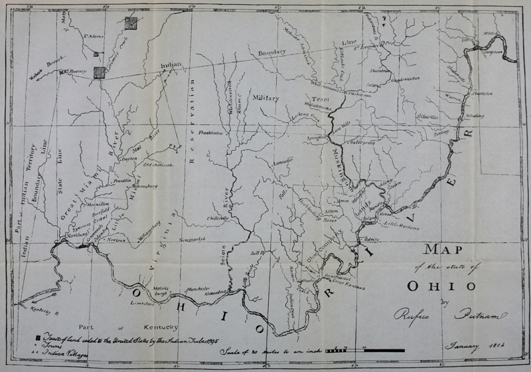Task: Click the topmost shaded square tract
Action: [131, 23]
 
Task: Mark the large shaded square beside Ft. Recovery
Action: [100, 72]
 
